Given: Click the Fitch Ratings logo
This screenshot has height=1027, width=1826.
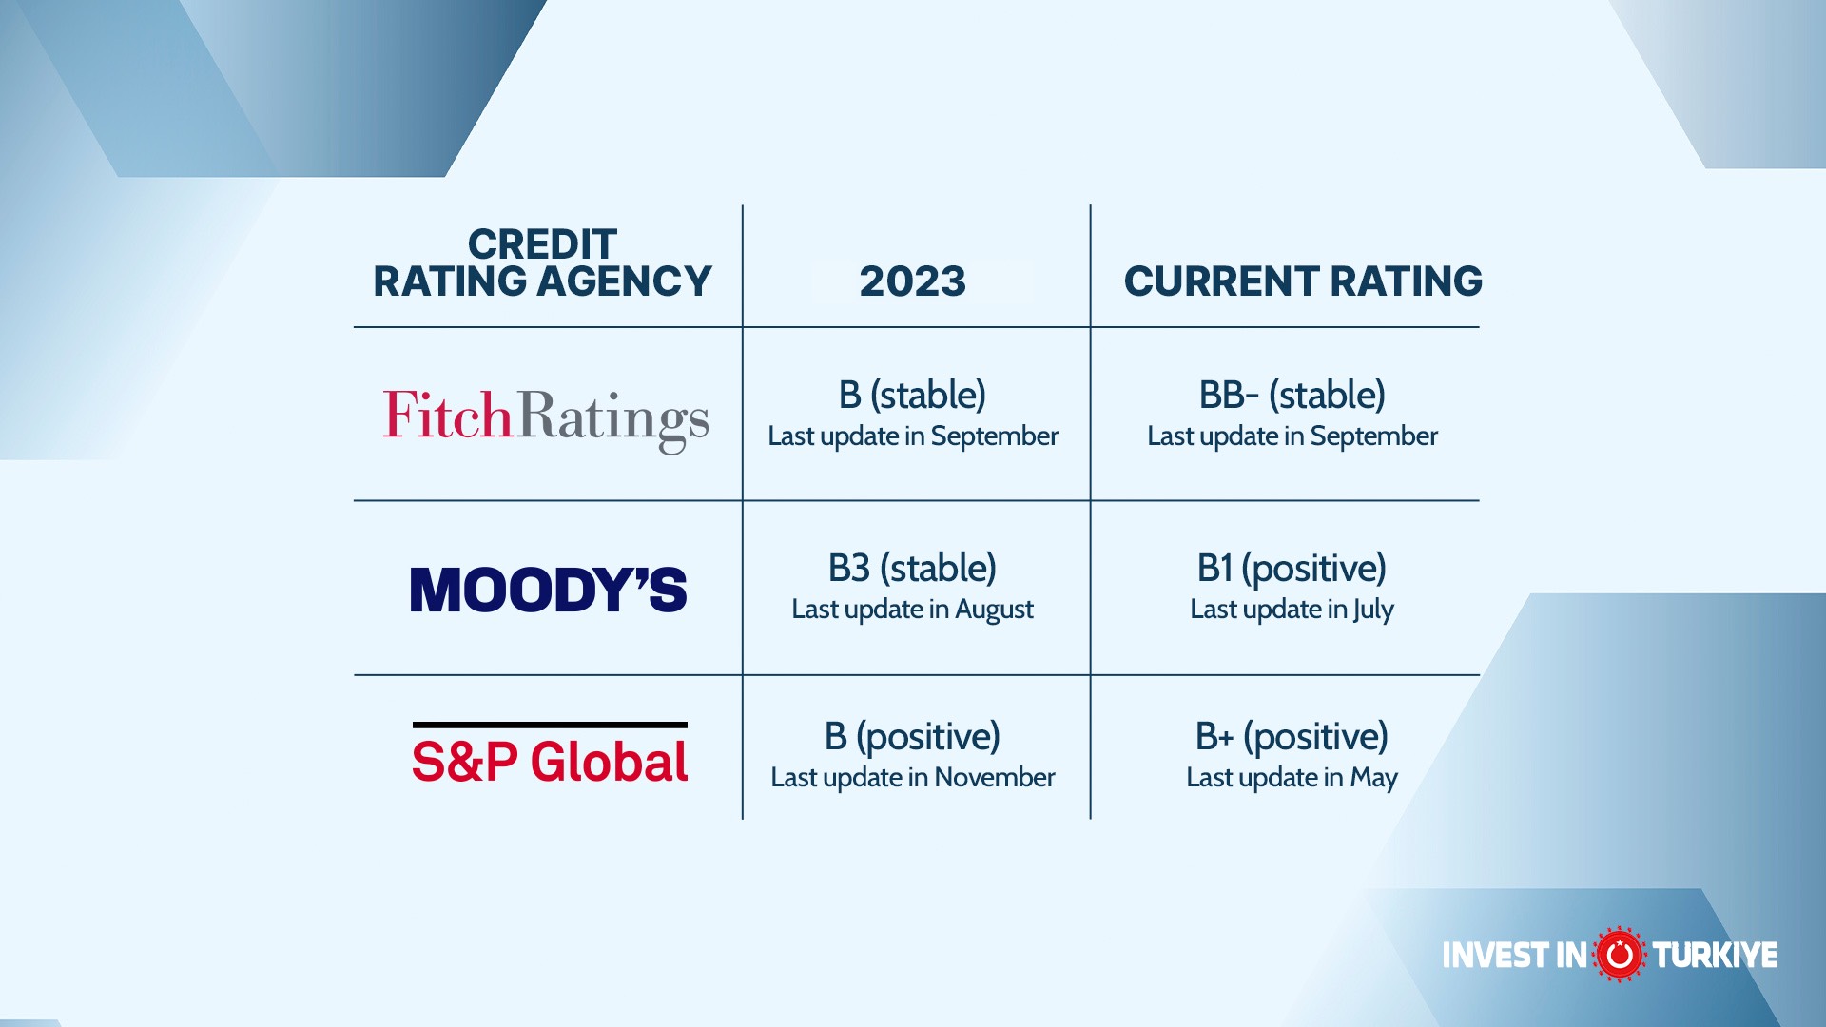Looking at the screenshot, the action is click(546, 419).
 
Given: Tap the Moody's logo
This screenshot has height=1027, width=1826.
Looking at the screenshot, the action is click(549, 590).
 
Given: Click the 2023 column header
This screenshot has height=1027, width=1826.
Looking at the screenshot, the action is click(913, 281).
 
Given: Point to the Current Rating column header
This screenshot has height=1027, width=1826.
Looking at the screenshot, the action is click(1303, 281).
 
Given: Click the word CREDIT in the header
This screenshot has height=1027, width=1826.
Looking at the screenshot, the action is click(542, 244).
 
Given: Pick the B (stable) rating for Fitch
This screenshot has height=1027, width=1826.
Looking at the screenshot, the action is click(912, 396).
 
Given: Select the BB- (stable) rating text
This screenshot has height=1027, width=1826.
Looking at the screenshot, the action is click(1292, 396).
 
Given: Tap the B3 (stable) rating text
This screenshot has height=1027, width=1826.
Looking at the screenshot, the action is click(912, 569).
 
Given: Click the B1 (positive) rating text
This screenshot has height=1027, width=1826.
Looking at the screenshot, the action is click(1292, 569).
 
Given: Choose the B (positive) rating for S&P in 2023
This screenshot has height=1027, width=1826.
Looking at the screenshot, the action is click(912, 737).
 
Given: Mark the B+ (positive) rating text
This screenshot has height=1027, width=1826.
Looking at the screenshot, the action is click(1292, 737).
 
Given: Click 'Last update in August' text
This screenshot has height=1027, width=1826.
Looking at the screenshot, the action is click(912, 610).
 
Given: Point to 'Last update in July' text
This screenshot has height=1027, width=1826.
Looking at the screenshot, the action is click(1292, 610).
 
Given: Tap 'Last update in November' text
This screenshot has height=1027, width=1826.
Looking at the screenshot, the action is click(912, 778).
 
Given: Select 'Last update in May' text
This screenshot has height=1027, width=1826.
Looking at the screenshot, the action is click(1292, 778).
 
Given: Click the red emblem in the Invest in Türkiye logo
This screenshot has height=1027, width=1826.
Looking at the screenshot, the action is click(1620, 954).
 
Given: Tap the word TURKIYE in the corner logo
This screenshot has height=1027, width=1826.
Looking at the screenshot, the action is click(1715, 955).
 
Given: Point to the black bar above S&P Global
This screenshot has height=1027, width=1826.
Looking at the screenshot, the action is click(550, 725).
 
